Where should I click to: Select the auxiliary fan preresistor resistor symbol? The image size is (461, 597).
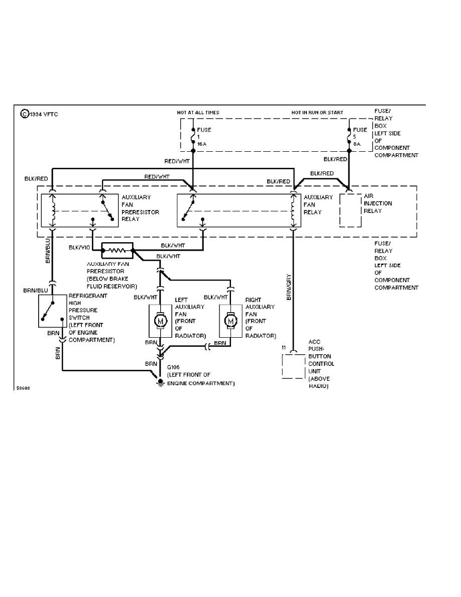[117, 250]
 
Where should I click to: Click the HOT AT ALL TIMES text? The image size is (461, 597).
[198, 113]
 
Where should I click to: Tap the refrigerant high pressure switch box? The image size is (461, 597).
[52, 311]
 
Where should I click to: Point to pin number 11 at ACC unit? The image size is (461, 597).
[284, 348]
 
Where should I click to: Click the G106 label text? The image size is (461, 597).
[173, 368]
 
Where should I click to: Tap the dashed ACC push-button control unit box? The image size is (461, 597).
[293, 366]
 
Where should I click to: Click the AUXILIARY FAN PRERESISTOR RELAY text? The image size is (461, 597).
[140, 205]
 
